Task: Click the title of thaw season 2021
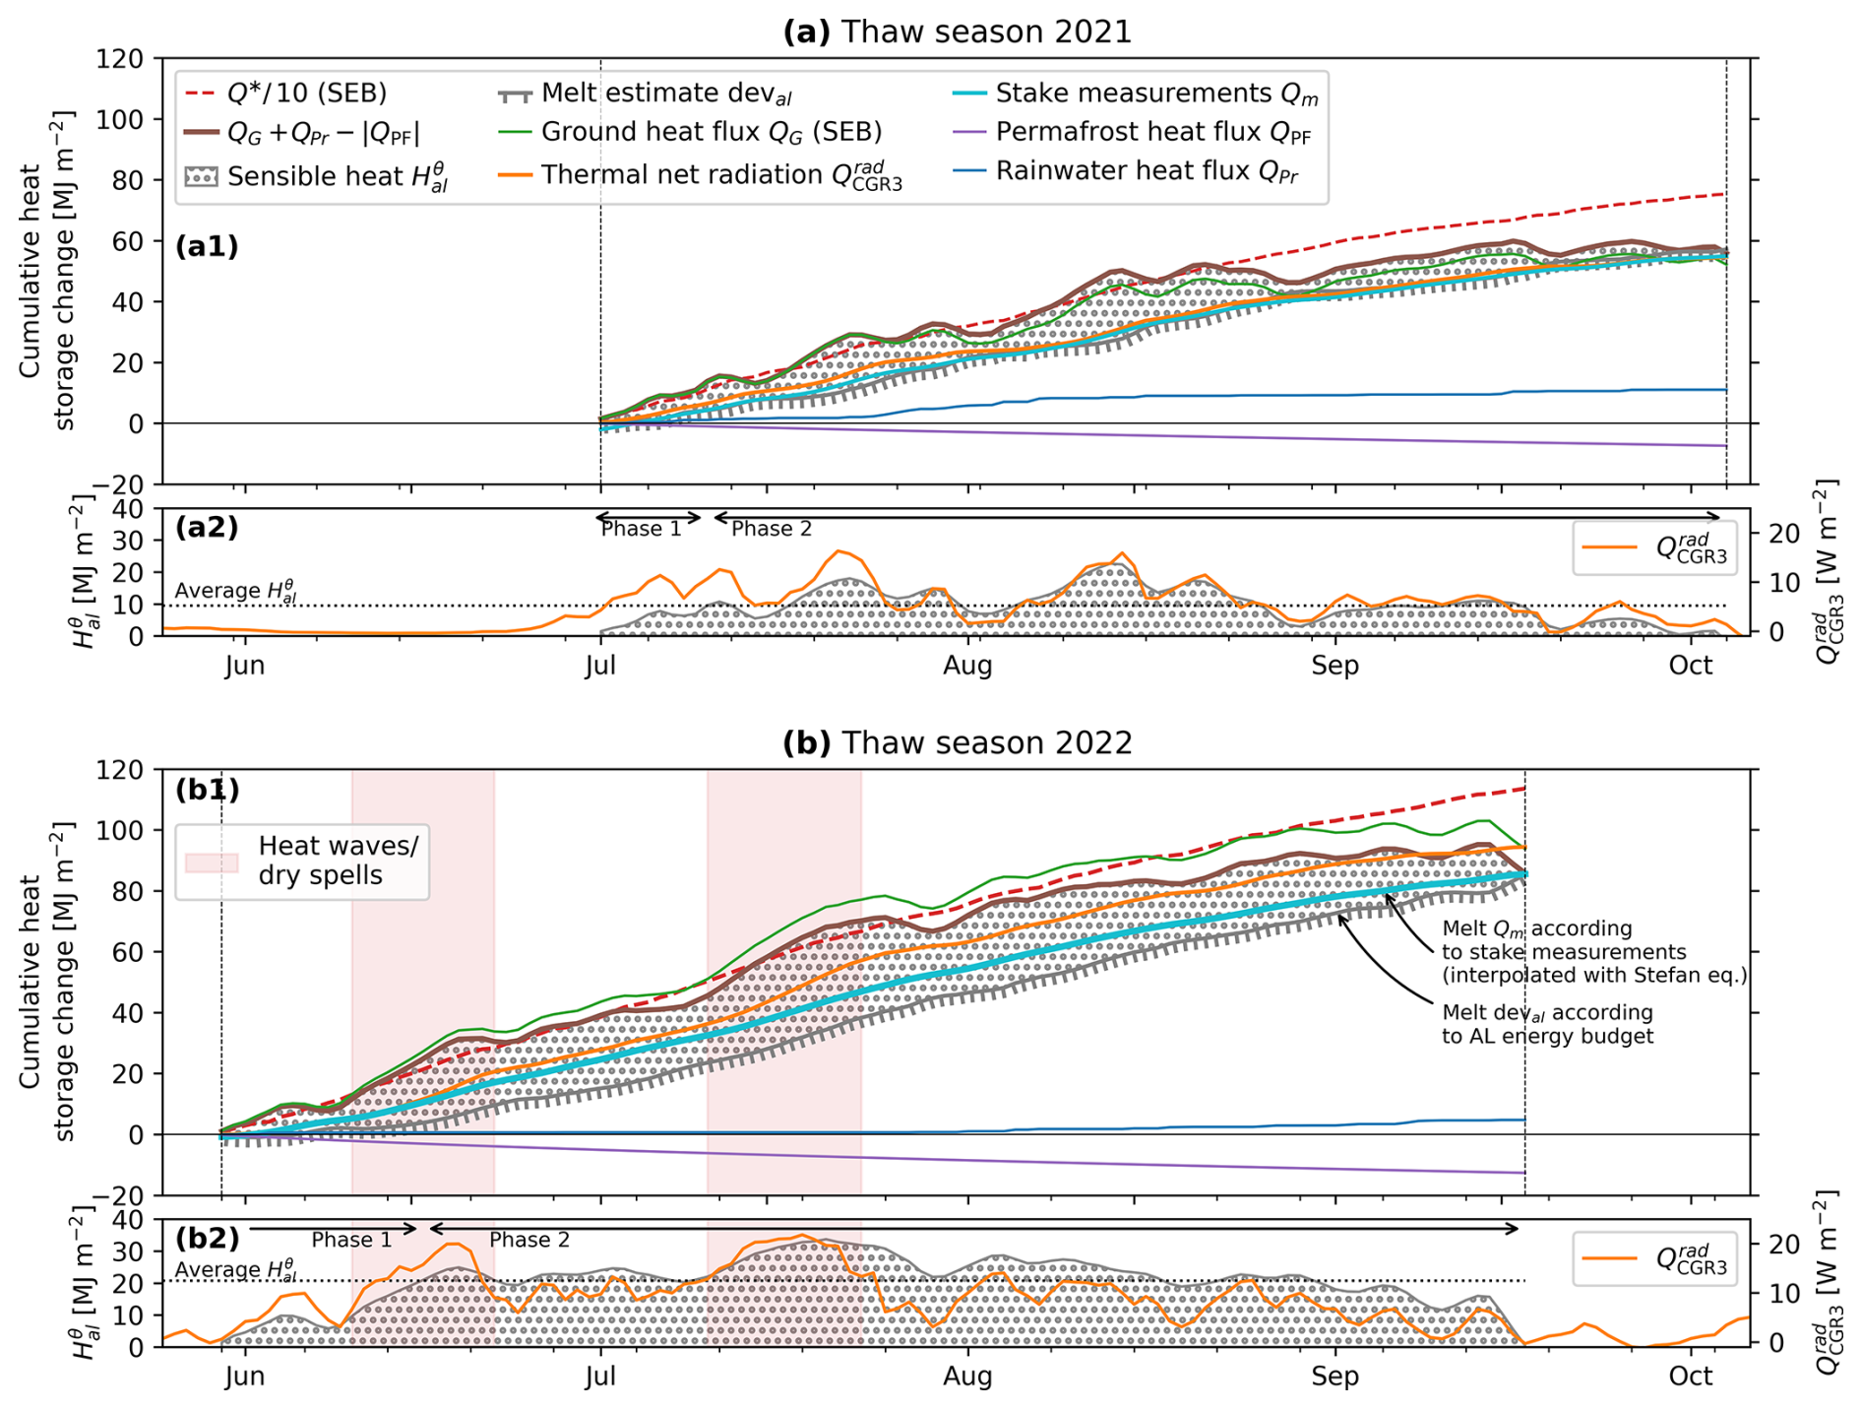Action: [x=957, y=32]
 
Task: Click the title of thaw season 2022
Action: [x=957, y=742]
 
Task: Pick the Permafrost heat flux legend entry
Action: [x=1153, y=132]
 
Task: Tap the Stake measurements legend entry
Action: [x=1156, y=94]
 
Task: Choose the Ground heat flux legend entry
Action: [x=711, y=132]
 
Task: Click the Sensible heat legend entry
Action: [x=337, y=177]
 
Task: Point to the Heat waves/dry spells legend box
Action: [x=302, y=861]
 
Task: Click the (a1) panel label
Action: [x=207, y=246]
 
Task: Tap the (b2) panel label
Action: [x=207, y=1238]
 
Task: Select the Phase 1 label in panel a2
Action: [x=641, y=530]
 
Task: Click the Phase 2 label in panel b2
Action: [x=529, y=1241]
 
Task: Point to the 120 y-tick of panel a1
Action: [x=122, y=59]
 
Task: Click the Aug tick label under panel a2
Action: [x=967, y=666]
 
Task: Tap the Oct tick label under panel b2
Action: [x=1690, y=1377]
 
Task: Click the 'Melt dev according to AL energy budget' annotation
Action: [x=1547, y=1024]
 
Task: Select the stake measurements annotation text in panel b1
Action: [x=1593, y=952]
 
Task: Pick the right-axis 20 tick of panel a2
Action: [x=1784, y=534]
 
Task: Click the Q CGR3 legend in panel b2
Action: [x=1654, y=1259]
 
